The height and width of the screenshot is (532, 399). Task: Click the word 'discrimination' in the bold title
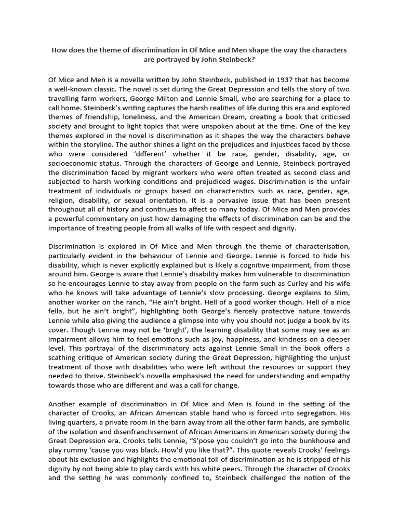point(157,50)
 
